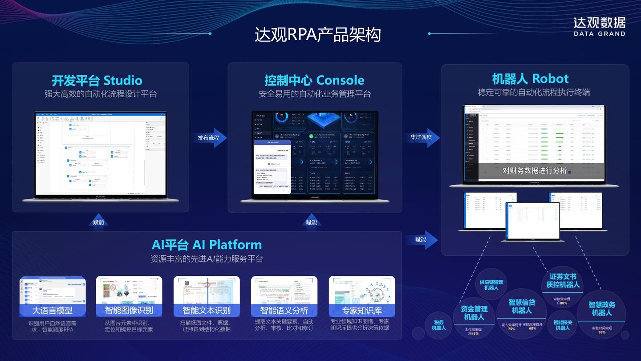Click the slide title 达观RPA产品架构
pos(317,35)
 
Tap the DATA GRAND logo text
pos(599,33)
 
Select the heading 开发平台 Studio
pos(97,81)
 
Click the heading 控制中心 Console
pos(314,81)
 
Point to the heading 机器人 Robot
pos(530,79)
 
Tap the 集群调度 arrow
pos(422,137)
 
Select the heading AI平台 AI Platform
pos(207,245)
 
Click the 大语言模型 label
pos(53,310)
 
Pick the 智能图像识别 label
pos(129,310)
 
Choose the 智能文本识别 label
pos(207,310)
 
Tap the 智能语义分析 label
pos(284,310)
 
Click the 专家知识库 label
pos(362,310)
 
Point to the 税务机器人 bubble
pos(438,325)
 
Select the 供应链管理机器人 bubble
pos(491,285)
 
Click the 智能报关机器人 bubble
pos(563,325)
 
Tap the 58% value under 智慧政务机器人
pos(602,332)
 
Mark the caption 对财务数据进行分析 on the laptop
pos(535,171)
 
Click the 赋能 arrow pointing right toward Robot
pos(421,240)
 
